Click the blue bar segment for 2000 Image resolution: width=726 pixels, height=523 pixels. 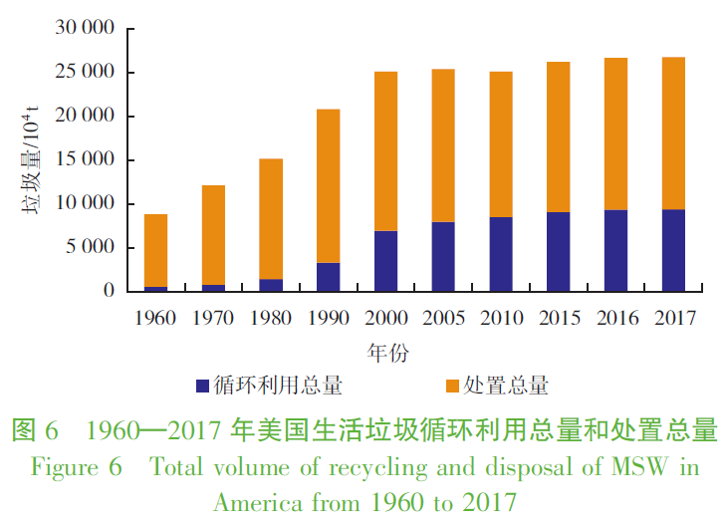pyautogui.click(x=385, y=261)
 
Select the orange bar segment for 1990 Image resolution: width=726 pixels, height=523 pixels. pyautogui.click(x=328, y=185)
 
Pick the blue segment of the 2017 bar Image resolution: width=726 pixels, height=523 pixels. pyautogui.click(x=673, y=250)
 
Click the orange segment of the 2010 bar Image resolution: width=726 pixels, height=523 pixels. pyautogui.click(x=501, y=144)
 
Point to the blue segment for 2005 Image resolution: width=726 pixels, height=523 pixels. pyautogui.click(x=443, y=256)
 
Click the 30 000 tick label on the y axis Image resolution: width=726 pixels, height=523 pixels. pyautogui.click(x=86, y=29)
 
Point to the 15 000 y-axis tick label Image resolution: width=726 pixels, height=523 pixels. pyautogui.click(x=86, y=160)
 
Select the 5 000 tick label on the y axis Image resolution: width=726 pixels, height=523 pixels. pyautogui.click(x=91, y=247)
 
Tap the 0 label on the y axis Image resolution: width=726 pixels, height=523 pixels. pyautogui.click(x=110, y=291)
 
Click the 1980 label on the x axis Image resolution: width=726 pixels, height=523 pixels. pyautogui.click(x=270, y=318)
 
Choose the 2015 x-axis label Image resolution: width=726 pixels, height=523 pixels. pyautogui.click(x=558, y=318)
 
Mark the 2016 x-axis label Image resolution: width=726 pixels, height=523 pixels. pyautogui.click(x=615, y=318)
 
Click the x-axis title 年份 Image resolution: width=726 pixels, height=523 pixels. pyautogui.click(x=387, y=352)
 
